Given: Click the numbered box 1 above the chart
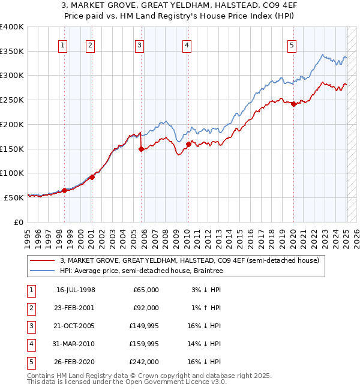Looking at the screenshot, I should (63, 44).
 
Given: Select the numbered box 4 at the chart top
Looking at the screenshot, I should (187, 44).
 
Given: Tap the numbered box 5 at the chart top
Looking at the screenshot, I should (292, 44).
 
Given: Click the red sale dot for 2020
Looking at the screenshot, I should (293, 104).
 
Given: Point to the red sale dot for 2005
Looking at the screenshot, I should (141, 149).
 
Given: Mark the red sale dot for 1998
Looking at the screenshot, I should (64, 190).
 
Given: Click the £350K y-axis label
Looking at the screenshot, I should (12, 52).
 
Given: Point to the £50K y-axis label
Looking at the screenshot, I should (14, 197).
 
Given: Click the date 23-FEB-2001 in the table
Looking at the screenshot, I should (76, 308).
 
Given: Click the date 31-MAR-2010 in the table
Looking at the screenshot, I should (76, 344).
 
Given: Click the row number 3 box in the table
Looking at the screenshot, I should (31, 326).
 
